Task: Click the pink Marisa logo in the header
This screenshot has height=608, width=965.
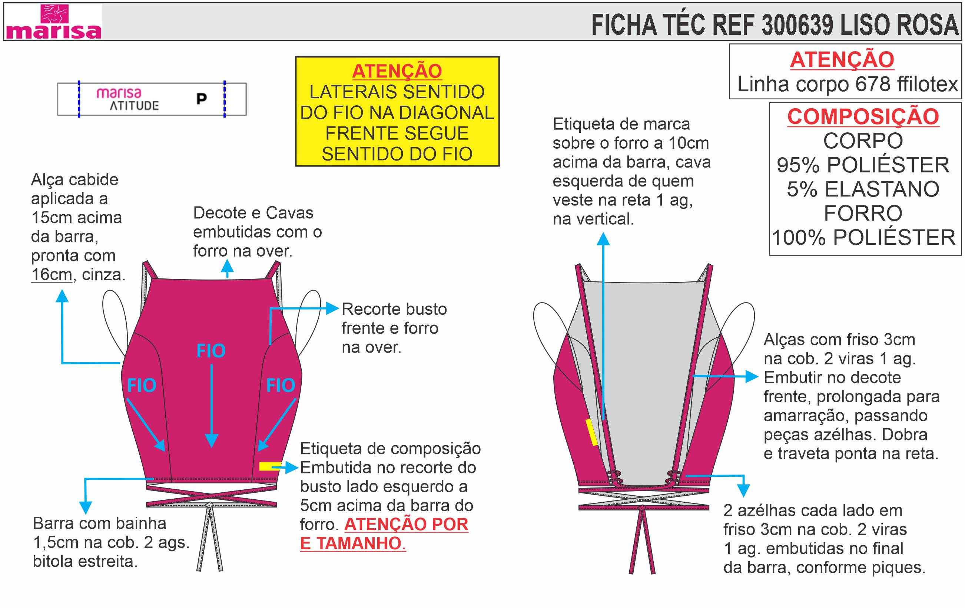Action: coord(54,22)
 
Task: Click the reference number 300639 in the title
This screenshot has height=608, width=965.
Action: coord(797,25)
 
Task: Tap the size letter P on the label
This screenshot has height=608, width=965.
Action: coord(202,99)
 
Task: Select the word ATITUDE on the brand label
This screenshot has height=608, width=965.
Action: coord(134,106)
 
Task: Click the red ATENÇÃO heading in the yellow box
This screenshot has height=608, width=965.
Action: coord(397,71)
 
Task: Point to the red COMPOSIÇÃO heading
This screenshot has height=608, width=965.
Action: coord(863,117)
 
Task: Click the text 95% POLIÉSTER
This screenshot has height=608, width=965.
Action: coord(863,165)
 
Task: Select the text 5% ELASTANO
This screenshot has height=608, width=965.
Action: coord(863,189)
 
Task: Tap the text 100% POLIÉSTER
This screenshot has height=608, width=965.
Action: coord(863,237)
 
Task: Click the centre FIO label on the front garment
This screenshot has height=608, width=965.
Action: coord(211,351)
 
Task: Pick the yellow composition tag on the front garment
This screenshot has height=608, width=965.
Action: coord(270,466)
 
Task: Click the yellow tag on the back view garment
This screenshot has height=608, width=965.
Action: coord(592,432)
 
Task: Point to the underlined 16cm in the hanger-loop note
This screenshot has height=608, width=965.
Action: coord(52,275)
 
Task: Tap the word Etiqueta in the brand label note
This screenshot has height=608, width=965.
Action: coord(586,124)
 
